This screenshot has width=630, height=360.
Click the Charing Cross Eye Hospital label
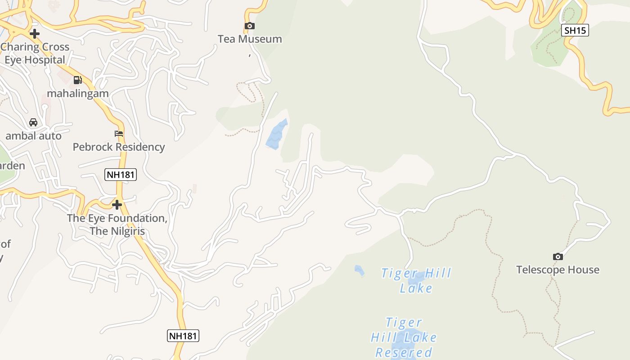35,53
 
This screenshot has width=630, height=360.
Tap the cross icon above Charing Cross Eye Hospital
35,33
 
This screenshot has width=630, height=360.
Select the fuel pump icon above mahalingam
78,80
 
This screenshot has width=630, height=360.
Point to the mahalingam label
78,94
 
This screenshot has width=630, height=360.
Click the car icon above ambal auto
33,122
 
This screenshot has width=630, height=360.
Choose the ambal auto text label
33,135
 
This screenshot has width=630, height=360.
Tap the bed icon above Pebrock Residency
119,134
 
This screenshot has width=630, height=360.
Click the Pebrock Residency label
119,147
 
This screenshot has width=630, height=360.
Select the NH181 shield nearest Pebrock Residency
121,175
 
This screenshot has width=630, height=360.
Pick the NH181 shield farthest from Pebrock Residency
183,335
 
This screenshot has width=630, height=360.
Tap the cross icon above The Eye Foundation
117,205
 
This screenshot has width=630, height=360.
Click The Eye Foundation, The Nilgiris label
117,225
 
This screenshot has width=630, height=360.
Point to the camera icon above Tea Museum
250,26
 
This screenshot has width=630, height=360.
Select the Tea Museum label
250,39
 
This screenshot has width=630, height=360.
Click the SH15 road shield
575,30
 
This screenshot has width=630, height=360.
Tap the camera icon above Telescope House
558,256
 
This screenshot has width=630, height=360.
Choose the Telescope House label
558,270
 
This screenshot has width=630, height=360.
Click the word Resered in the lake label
404,352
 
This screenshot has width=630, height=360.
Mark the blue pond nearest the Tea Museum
276,135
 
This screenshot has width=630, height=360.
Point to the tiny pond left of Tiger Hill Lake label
359,270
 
